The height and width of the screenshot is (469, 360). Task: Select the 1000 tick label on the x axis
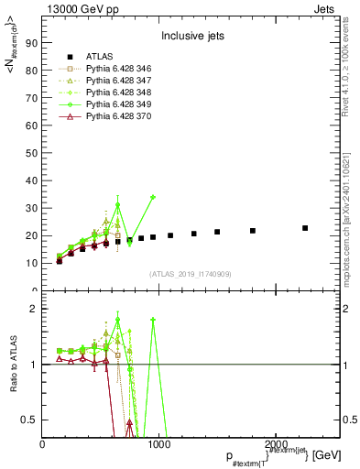pyautogui.click(x=160, y=443)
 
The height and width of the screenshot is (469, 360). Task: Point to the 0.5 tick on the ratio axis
pyautogui.click(x=30, y=420)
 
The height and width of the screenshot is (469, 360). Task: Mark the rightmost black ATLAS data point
pyautogui.click(x=305, y=228)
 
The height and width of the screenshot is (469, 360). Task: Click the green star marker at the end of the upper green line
pyautogui.click(x=153, y=197)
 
